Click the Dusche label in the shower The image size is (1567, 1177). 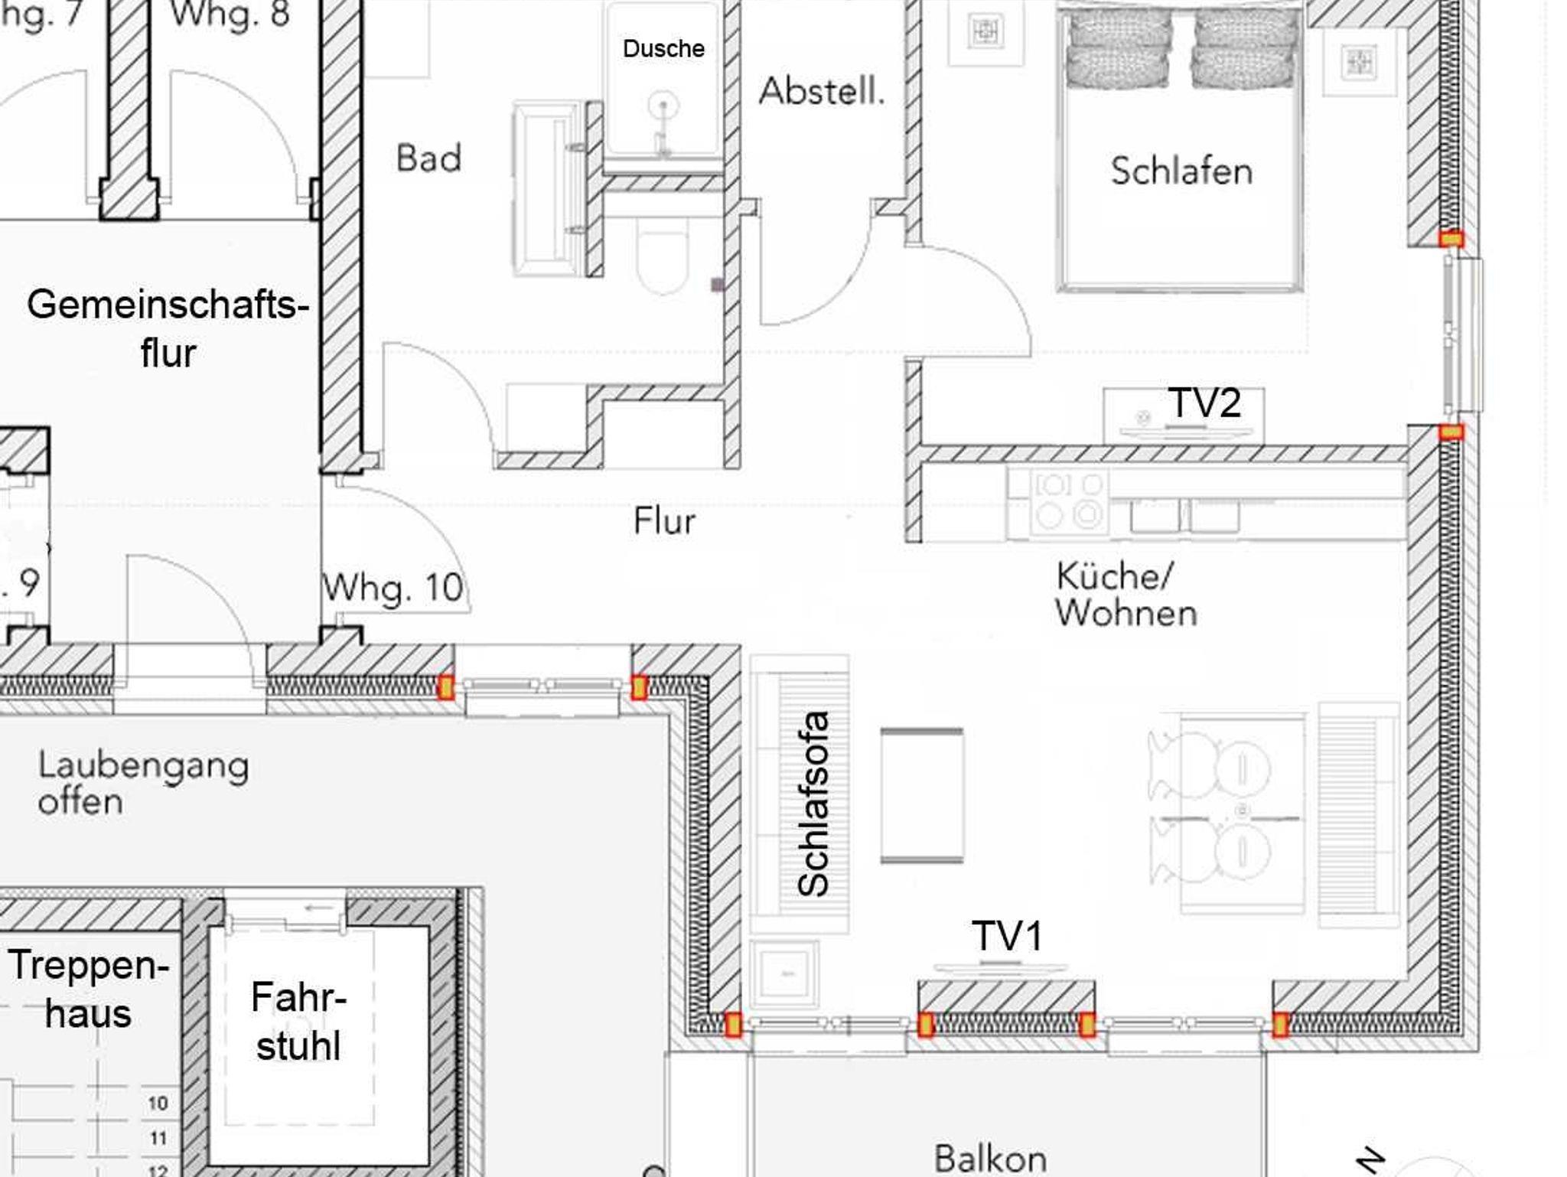(x=663, y=49)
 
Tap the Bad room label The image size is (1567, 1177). (x=428, y=158)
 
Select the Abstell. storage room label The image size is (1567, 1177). (x=822, y=91)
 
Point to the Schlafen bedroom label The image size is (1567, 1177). (x=1181, y=171)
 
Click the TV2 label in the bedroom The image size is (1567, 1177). (x=1204, y=403)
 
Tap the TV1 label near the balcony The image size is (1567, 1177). (x=1007, y=936)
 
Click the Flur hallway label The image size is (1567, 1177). (x=664, y=521)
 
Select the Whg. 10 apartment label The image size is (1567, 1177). (x=393, y=588)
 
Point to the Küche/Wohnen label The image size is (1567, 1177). (x=1126, y=595)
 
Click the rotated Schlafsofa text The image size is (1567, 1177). (x=813, y=804)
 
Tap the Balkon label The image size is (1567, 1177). (x=990, y=1158)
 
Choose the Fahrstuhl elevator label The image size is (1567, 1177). (x=298, y=1022)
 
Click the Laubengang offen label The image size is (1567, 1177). (x=143, y=783)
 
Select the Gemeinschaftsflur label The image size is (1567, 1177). (x=168, y=328)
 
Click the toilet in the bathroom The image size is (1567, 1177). (x=663, y=254)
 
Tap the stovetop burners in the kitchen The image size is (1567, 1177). (x=1069, y=502)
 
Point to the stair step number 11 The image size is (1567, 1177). (x=158, y=1139)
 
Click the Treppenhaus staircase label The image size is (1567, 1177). (x=88, y=989)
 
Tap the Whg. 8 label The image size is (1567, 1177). (x=230, y=14)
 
